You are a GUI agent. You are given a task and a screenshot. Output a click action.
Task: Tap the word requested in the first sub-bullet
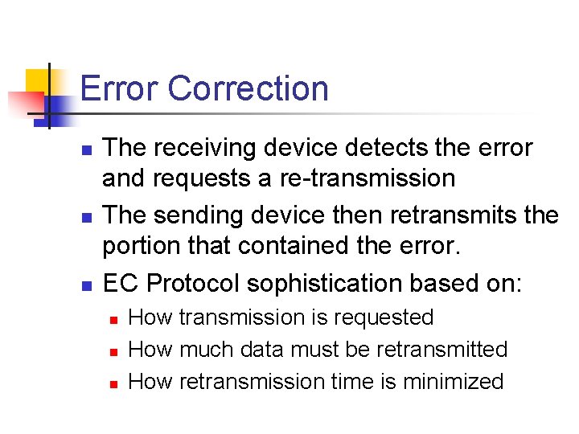tap(384, 318)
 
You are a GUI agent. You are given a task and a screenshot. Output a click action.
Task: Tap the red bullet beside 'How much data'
tap(113, 351)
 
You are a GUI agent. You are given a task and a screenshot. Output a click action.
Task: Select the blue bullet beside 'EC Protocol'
tap(88, 285)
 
